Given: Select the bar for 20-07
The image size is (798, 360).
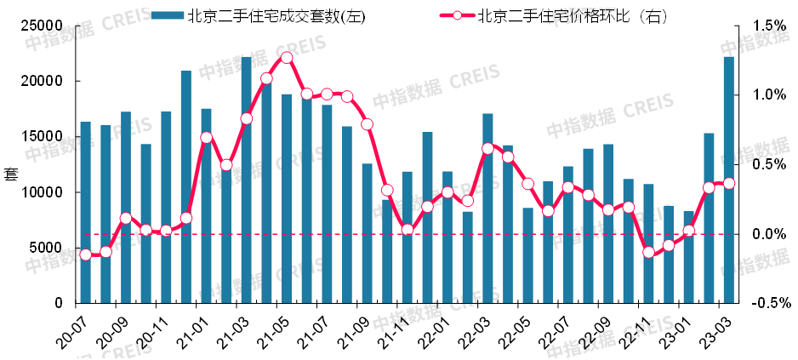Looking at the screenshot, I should (x=85, y=213).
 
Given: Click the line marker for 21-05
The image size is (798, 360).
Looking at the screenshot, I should (x=287, y=58).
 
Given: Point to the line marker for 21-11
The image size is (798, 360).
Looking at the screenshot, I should (x=407, y=230).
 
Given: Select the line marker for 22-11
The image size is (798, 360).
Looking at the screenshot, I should (x=648, y=252).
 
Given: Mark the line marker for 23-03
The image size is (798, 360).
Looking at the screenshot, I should (x=729, y=184).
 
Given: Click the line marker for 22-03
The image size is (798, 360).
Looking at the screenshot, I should (x=487, y=148).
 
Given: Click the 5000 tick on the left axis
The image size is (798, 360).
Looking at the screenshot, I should (x=48, y=248).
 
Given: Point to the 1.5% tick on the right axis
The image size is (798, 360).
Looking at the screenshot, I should (x=767, y=26).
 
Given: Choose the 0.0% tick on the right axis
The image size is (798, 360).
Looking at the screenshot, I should (x=767, y=234).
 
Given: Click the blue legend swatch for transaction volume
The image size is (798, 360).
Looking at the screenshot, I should (x=167, y=16).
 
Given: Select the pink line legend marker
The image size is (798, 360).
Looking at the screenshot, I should (x=456, y=16).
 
